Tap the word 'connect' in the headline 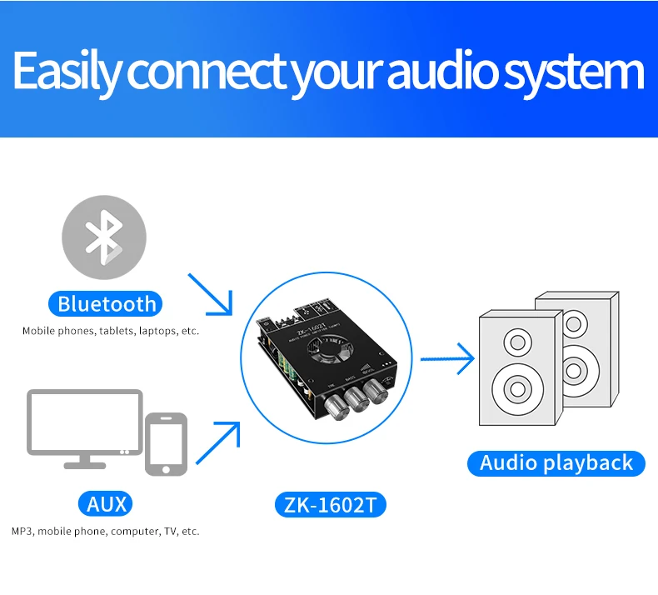pos(206,72)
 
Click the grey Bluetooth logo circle pos(104,236)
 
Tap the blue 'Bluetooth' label pos(106,303)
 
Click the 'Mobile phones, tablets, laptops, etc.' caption pos(111,331)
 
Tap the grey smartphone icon pos(166,443)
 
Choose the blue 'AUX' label pos(107,503)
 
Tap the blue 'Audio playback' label pos(556,462)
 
